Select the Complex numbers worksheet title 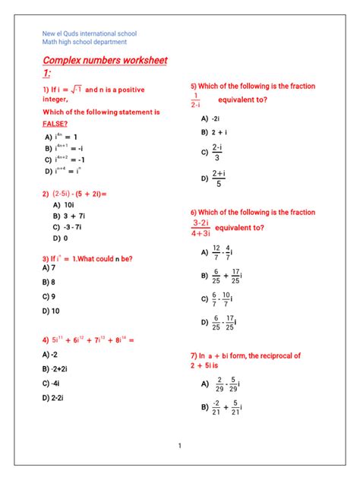coord(105,61)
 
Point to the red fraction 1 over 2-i coord(196,100)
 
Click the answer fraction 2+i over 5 coord(219,178)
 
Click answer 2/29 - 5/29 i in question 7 coord(227,384)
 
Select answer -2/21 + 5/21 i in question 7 coord(226,408)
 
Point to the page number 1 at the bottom coord(180,446)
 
